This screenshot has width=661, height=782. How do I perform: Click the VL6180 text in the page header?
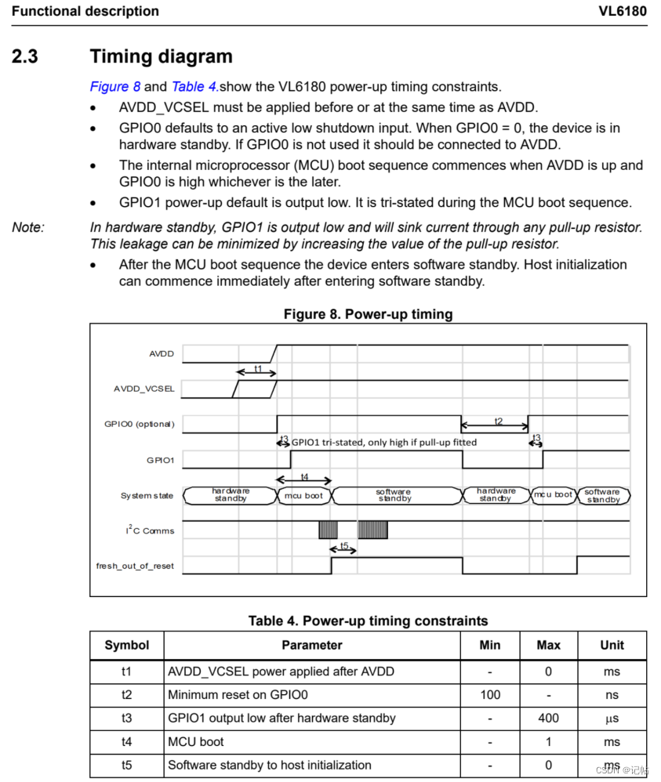click(x=623, y=11)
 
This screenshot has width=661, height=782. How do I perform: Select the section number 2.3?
click(x=25, y=56)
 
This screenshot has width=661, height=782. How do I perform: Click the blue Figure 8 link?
click(x=115, y=87)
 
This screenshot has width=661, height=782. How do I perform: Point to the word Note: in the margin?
click(x=28, y=227)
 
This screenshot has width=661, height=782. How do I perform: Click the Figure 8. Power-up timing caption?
click(x=368, y=314)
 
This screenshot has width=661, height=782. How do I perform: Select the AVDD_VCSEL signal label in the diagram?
click(x=144, y=389)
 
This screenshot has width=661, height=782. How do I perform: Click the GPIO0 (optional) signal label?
click(x=140, y=424)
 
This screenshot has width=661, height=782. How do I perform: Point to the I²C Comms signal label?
click(x=149, y=530)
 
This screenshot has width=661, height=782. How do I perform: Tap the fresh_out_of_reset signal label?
click(x=135, y=566)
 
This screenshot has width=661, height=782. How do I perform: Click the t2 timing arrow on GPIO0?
click(x=495, y=425)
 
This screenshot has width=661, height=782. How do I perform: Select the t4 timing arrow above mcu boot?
click(x=303, y=479)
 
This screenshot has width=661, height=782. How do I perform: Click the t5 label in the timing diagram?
click(x=343, y=546)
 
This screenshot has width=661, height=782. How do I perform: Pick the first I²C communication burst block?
click(x=328, y=530)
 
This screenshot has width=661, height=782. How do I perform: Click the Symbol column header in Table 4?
click(x=127, y=645)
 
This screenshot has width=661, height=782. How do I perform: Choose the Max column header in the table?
click(x=548, y=645)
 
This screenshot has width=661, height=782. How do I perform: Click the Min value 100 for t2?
click(x=489, y=694)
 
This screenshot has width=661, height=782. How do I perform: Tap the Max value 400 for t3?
click(x=548, y=718)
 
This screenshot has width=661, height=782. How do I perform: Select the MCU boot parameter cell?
click(x=196, y=741)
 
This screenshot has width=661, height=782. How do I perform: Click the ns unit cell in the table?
click(x=612, y=694)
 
